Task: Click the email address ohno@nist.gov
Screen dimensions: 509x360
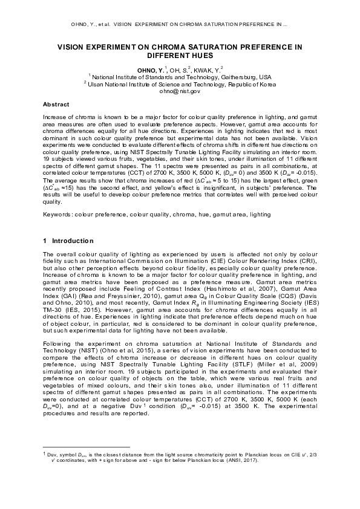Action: click(x=180, y=91)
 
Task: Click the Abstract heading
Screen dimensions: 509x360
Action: click(x=56, y=105)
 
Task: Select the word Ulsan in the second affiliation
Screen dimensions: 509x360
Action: click(x=97, y=85)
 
